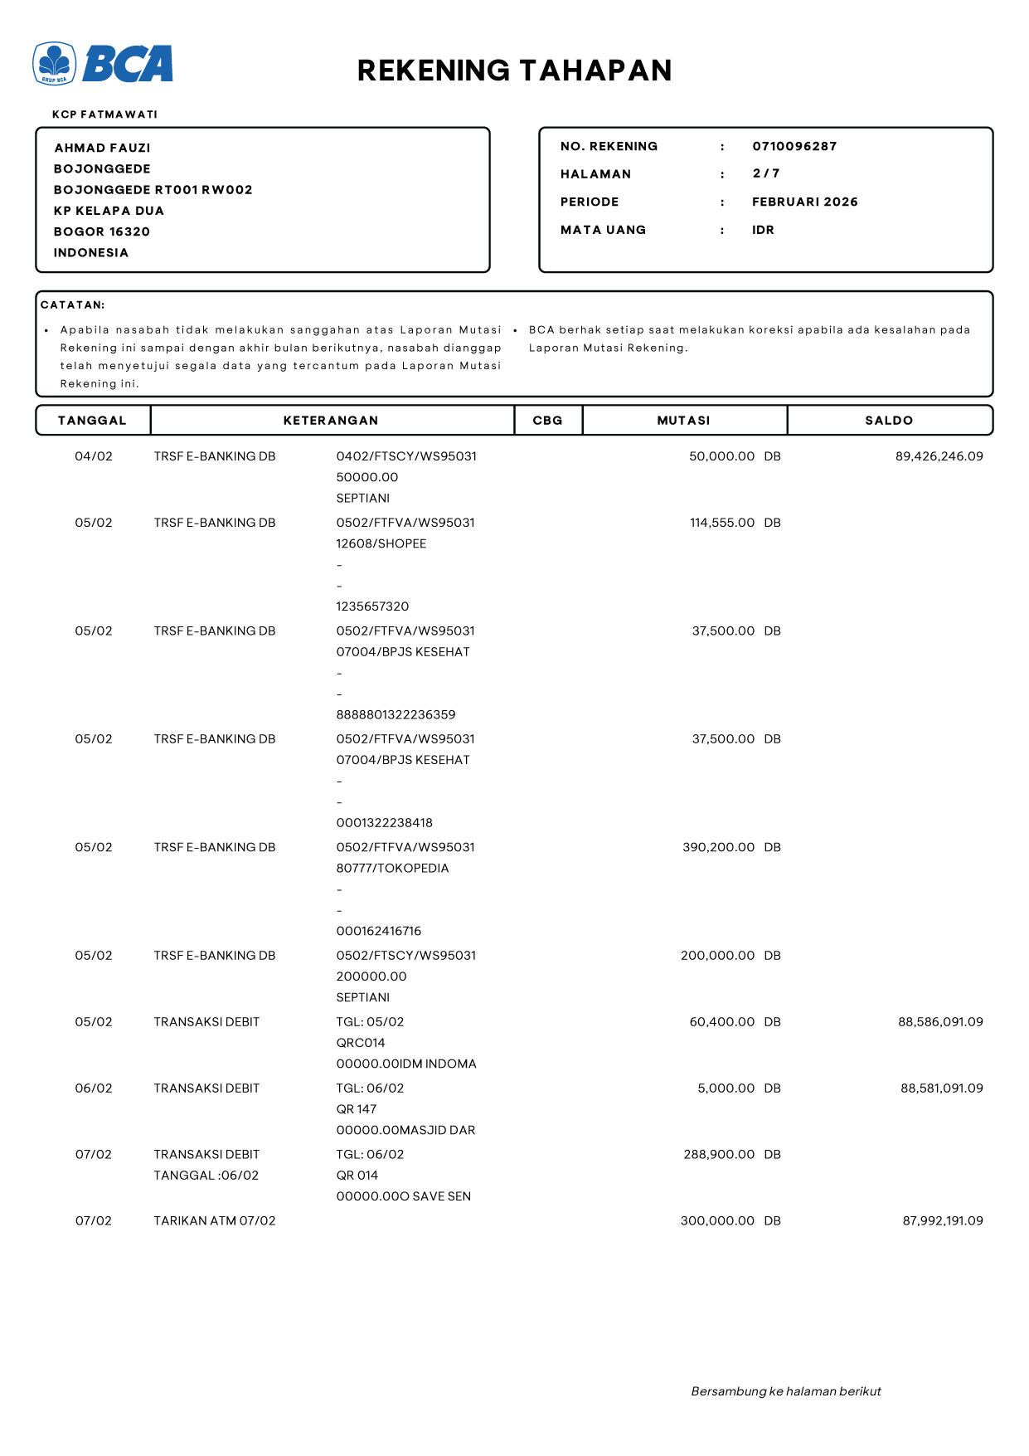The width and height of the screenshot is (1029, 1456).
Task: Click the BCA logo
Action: click(x=103, y=64)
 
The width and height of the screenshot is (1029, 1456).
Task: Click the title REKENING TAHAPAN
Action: click(x=514, y=71)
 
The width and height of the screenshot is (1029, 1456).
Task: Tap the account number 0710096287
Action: click(x=794, y=146)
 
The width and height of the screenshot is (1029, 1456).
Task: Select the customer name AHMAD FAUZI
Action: click(x=102, y=148)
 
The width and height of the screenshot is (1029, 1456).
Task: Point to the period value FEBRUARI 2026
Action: click(x=804, y=202)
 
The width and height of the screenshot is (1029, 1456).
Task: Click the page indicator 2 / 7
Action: click(x=766, y=173)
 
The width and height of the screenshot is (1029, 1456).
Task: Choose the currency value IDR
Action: click(x=763, y=230)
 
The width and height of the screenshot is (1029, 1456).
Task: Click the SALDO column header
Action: click(x=889, y=421)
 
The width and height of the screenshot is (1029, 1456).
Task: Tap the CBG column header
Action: click(x=547, y=421)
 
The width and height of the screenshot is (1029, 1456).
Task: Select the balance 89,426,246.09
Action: click(x=939, y=456)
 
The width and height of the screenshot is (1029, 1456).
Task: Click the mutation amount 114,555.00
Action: click(x=721, y=523)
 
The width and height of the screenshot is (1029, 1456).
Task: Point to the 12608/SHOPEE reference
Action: click(x=381, y=543)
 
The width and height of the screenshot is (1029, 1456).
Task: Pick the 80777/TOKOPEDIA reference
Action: click(x=392, y=868)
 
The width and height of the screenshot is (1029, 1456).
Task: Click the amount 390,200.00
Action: click(x=718, y=847)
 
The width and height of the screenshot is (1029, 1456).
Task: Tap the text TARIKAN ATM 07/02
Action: click(x=214, y=1220)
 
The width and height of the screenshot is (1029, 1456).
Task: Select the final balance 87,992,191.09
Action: click(x=942, y=1220)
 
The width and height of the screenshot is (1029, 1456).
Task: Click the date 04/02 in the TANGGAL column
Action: click(x=94, y=456)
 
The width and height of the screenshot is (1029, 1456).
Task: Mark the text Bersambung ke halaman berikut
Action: click(x=785, y=1391)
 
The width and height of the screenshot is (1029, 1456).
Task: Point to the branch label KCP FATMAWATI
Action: click(x=104, y=114)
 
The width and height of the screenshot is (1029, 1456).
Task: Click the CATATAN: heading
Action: click(x=73, y=305)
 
